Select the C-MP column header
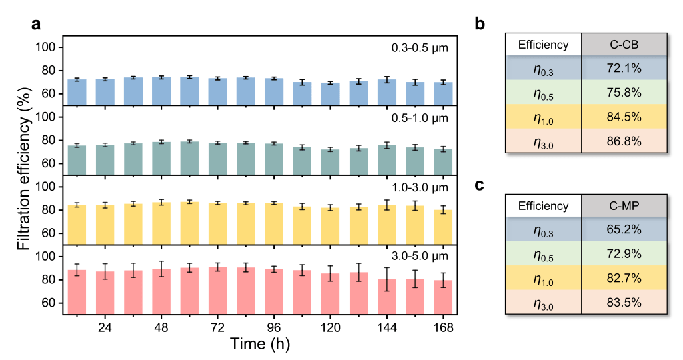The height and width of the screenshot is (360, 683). coord(624,206)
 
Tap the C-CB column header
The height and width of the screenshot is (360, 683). coord(624,45)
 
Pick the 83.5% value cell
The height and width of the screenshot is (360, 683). coord(624,302)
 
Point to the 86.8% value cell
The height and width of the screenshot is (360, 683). coord(624,141)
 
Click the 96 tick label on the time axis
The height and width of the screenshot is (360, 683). coord(274,328)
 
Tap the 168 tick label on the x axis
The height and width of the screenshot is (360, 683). coord(443,328)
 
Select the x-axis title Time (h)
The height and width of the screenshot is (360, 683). coord(260,345)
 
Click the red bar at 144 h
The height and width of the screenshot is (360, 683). coord(387,297)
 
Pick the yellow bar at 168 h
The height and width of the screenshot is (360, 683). coord(443,227)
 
